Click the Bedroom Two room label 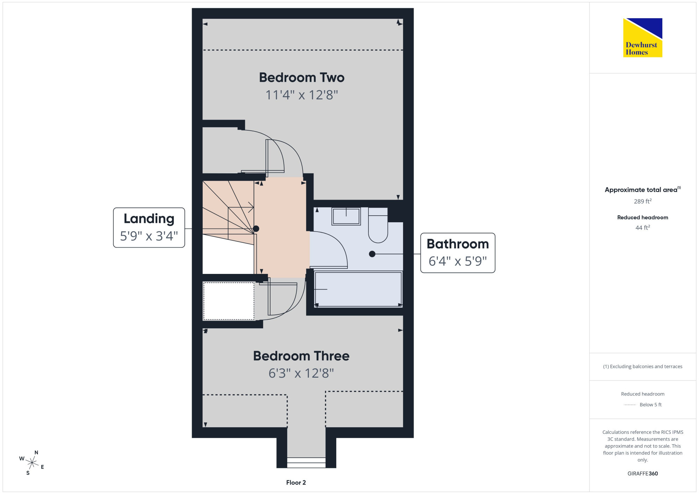(302, 78)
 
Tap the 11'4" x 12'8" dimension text (302, 95)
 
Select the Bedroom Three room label (301, 356)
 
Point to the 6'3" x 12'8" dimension (301, 373)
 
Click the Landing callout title (149, 219)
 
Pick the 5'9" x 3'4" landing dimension (149, 236)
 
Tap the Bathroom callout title (458, 244)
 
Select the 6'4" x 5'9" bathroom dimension (458, 261)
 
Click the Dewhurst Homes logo (643, 38)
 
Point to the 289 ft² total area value (643, 201)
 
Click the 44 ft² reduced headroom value (643, 227)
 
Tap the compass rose (32, 463)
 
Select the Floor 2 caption (296, 482)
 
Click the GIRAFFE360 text (643, 474)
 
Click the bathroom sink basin (346, 216)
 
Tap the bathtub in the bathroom (359, 289)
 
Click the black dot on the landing (256, 229)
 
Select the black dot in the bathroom (372, 254)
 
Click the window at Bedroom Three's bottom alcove (306, 463)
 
